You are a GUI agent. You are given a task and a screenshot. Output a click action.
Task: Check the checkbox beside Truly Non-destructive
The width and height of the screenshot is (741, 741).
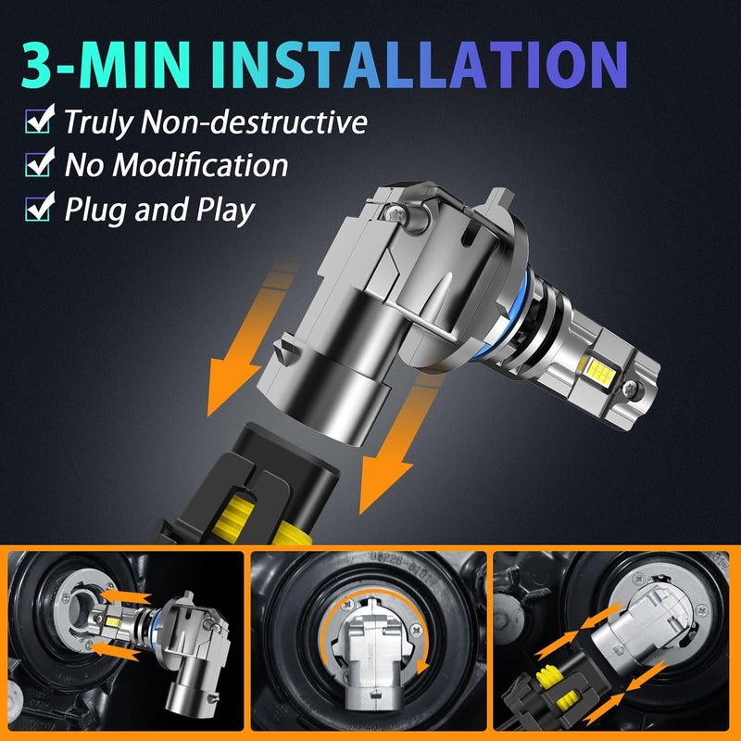pos(40,120)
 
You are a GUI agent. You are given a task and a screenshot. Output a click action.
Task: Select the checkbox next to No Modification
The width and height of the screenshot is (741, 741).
pos(40,162)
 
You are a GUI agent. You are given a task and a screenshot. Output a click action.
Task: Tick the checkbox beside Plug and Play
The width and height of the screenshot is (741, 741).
pos(40,206)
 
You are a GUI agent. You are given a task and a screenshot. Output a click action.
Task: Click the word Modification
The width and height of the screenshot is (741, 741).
pos(200,165)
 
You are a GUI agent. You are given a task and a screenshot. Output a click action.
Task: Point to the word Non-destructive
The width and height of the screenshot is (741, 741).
pos(254,121)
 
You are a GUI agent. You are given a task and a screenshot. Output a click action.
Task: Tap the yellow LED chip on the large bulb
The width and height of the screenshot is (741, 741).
pos(599,369)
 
